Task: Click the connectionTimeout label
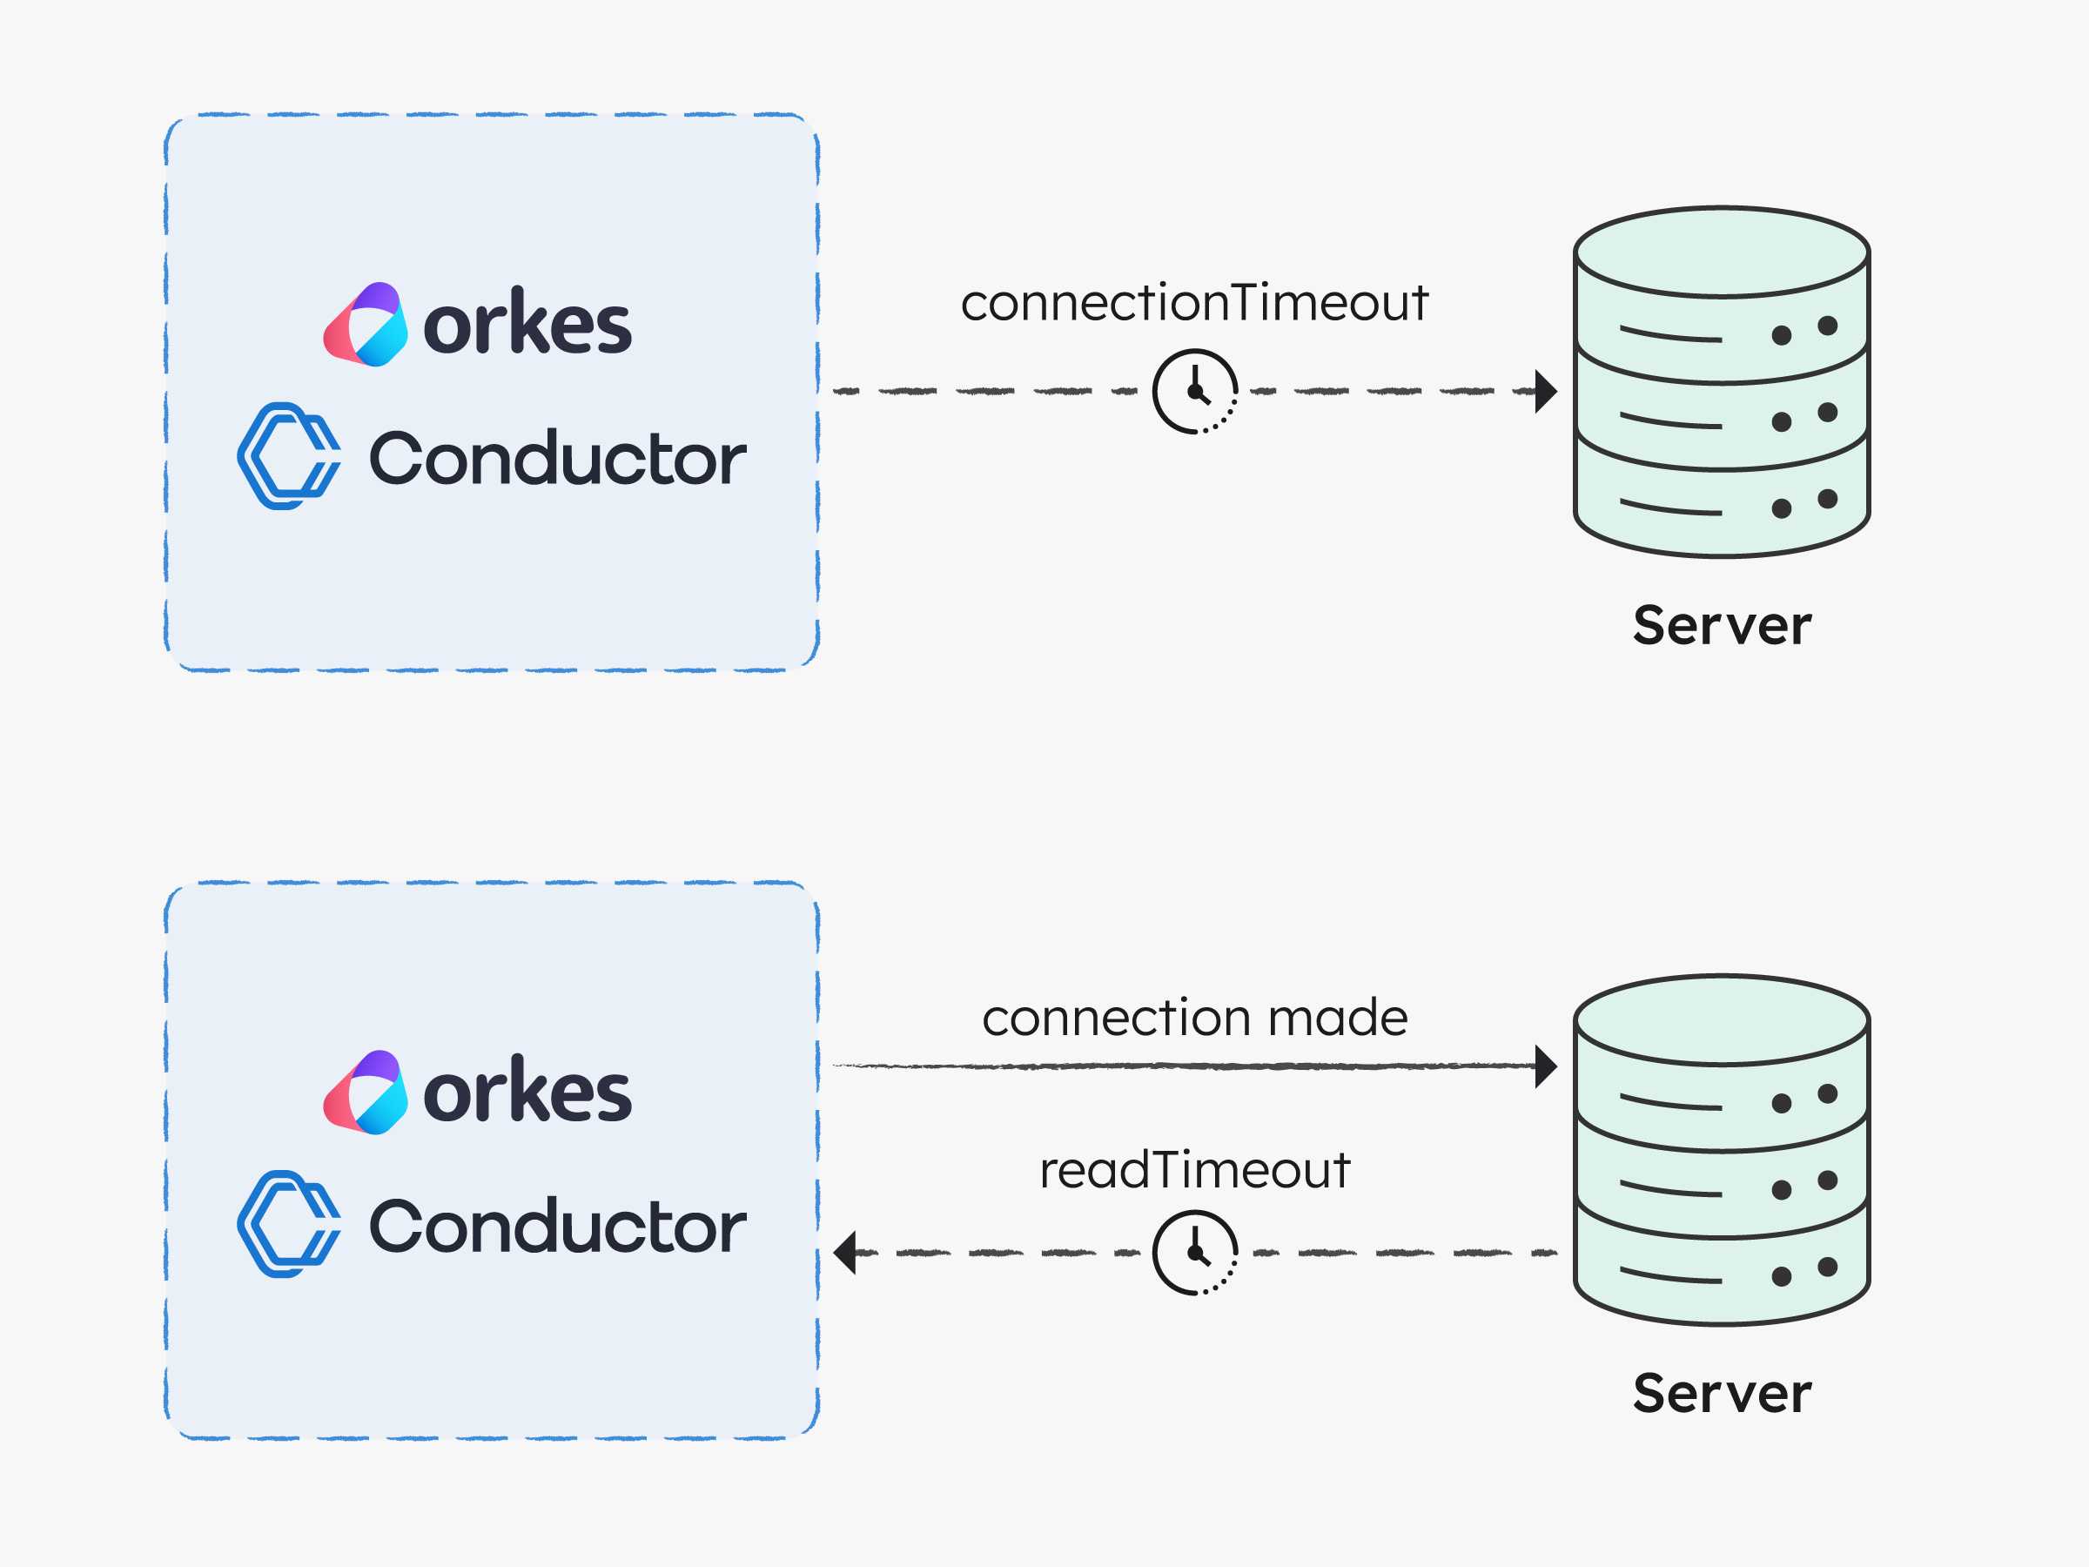click(1195, 303)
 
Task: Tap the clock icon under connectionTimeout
click(1195, 391)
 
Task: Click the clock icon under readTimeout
click(1195, 1254)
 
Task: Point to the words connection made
click(1195, 1019)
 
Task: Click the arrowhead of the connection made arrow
click(1546, 1066)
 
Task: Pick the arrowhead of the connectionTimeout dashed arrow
click(1546, 391)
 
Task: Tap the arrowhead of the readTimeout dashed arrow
click(844, 1254)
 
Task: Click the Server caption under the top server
click(1722, 625)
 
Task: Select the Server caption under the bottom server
click(1722, 1393)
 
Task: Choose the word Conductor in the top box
click(557, 458)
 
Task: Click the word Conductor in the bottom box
click(557, 1226)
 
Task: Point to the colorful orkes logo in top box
click(366, 324)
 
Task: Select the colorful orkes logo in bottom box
click(366, 1092)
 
